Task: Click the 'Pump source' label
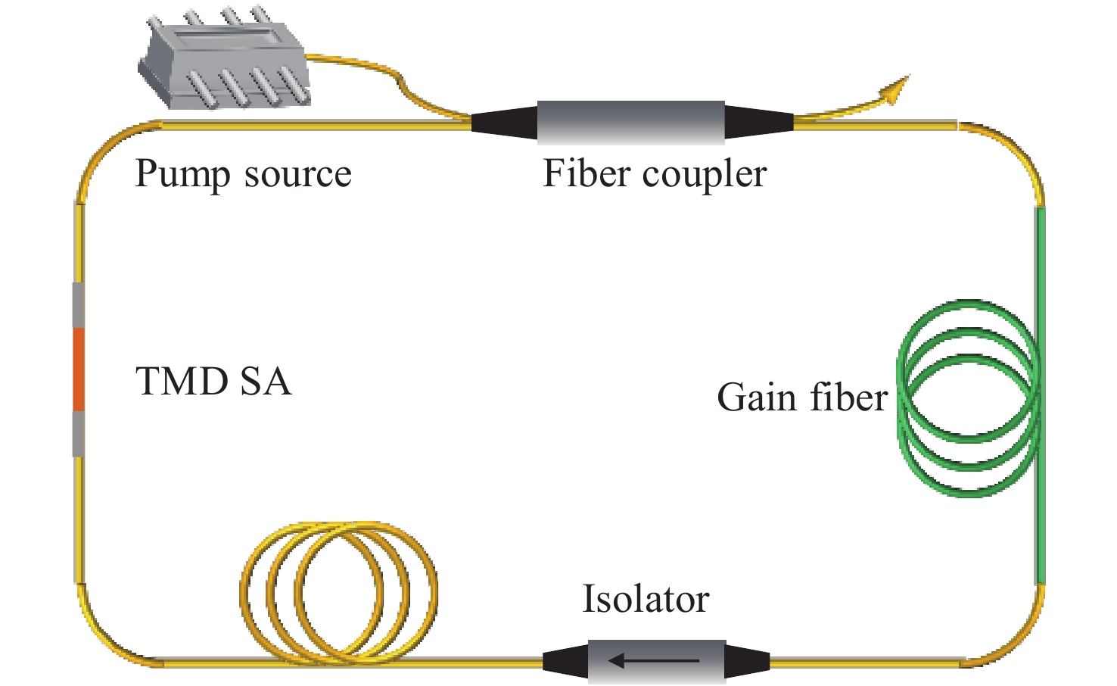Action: click(243, 174)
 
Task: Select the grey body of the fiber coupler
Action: click(630, 121)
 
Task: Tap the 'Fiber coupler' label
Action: click(655, 174)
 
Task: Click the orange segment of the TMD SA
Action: click(78, 370)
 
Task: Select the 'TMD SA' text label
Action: click(213, 381)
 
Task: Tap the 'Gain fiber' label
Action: click(801, 398)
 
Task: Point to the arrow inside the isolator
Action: click(654, 661)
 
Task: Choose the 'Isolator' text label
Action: click(645, 599)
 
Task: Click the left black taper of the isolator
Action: click(565, 661)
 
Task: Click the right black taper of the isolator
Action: click(748, 661)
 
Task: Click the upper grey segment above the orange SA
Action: click(78, 305)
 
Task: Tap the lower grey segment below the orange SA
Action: click(78, 434)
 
